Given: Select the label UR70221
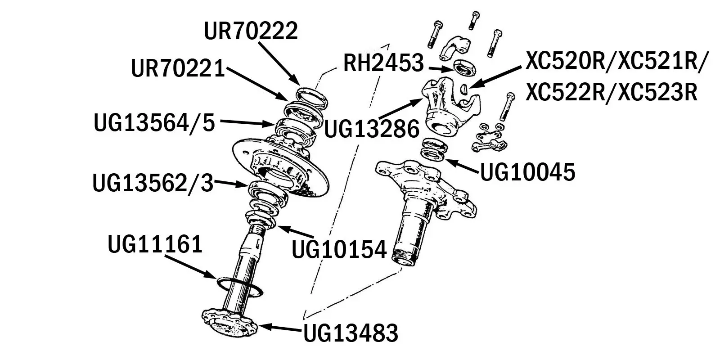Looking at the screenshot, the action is tap(178, 69).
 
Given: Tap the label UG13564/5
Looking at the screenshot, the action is tap(154, 123).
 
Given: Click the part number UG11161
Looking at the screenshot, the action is tap(155, 245).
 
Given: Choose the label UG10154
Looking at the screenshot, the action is tap(339, 250).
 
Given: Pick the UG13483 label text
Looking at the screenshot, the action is tap(351, 333).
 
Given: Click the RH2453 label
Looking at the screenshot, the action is tap(383, 63).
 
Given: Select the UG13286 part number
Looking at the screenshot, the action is tap(372, 129).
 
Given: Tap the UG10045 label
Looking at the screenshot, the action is tap(528, 172).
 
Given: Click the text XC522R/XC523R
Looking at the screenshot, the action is tap(611, 93).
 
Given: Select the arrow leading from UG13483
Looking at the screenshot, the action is tap(279, 328).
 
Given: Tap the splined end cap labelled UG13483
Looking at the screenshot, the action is tap(229, 323).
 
